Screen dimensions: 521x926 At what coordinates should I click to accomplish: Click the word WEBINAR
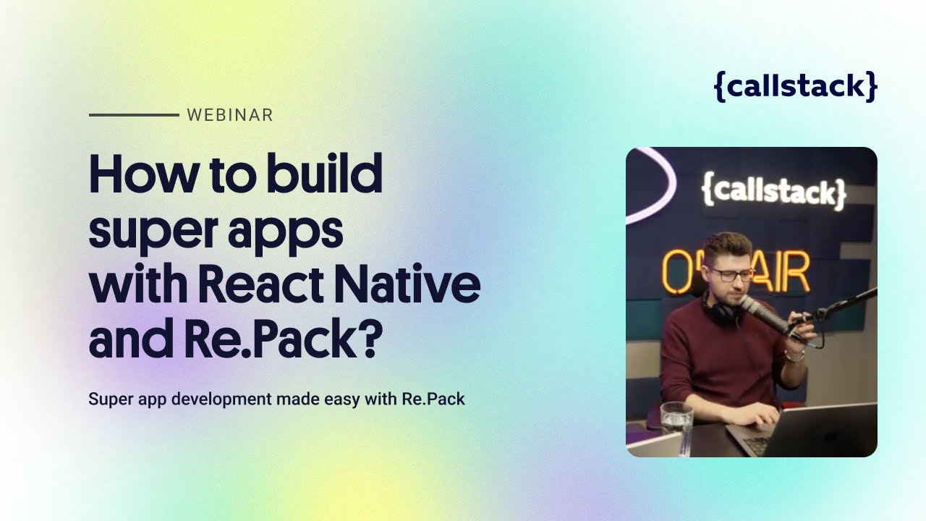pyautogui.click(x=229, y=115)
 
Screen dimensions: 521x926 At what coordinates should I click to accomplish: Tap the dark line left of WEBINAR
pyautogui.click(x=134, y=115)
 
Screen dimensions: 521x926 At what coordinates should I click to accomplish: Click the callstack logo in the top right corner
pyautogui.click(x=795, y=86)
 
